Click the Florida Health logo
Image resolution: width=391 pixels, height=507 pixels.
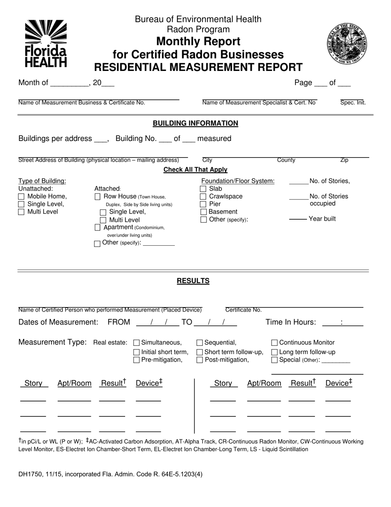46,44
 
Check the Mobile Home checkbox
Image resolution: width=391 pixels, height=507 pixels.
21,197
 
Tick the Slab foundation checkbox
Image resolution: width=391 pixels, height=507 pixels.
203,189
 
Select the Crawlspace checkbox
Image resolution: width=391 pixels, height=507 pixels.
203,197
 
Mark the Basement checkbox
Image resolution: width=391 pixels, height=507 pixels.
203,212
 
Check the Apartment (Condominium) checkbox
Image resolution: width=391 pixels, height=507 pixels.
98,228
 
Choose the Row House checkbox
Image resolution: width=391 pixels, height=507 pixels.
98,197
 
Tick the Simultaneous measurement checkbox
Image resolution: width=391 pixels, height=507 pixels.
137,343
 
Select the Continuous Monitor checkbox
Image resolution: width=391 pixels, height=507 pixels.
275,343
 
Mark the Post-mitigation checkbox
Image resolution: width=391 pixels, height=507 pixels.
200,360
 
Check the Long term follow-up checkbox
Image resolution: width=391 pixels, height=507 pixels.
275,352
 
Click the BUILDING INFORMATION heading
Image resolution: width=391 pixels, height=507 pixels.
195,123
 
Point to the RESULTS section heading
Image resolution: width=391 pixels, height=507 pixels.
193,281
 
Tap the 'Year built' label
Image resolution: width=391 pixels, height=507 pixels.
322,219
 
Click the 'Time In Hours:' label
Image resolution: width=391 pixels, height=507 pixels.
291,322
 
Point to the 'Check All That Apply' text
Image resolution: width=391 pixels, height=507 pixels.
195,170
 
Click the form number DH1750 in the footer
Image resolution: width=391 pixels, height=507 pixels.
30,474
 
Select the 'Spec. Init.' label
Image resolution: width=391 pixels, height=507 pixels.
353,103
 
